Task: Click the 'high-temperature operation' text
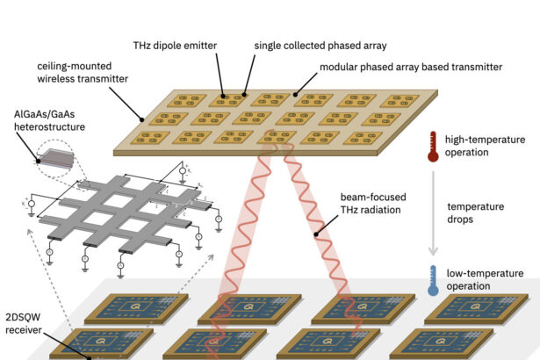(486, 146)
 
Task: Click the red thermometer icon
(432, 146)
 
